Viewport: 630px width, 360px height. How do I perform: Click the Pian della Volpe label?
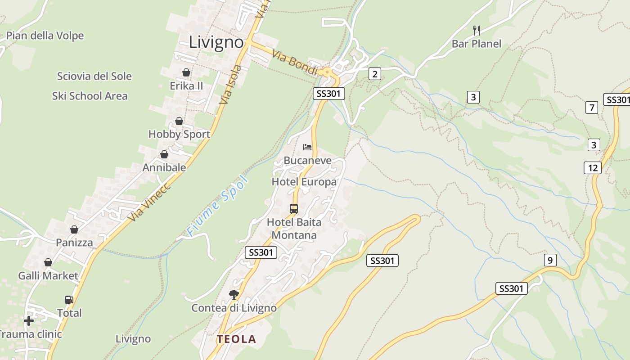[x=45, y=36]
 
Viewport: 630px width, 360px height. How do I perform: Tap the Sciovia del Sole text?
[x=94, y=76]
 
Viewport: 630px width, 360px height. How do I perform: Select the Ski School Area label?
[x=90, y=96]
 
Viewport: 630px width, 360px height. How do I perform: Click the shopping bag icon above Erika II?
[x=186, y=72]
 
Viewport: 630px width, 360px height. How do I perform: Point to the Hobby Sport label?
[x=179, y=134]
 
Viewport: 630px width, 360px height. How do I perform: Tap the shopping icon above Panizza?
[x=74, y=230]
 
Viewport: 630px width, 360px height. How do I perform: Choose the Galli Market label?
[x=48, y=275]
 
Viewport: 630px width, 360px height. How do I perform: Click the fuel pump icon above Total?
[x=69, y=300]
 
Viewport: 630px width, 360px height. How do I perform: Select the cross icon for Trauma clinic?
[x=29, y=321]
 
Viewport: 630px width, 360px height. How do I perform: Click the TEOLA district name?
[x=236, y=339]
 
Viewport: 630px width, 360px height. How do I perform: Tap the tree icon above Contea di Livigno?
[x=234, y=295]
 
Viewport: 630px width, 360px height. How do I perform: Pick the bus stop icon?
[x=294, y=209]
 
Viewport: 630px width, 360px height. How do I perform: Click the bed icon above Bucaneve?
[x=307, y=147]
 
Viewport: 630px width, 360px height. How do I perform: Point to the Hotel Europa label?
[x=304, y=182]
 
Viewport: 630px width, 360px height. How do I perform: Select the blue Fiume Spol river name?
[x=218, y=206]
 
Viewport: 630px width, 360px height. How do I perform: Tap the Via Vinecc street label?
[x=149, y=202]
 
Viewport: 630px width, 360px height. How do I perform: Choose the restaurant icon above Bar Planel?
[x=477, y=31]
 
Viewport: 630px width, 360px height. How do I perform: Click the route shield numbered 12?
[x=593, y=168]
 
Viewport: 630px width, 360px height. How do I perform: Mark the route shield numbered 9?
[x=550, y=260]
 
